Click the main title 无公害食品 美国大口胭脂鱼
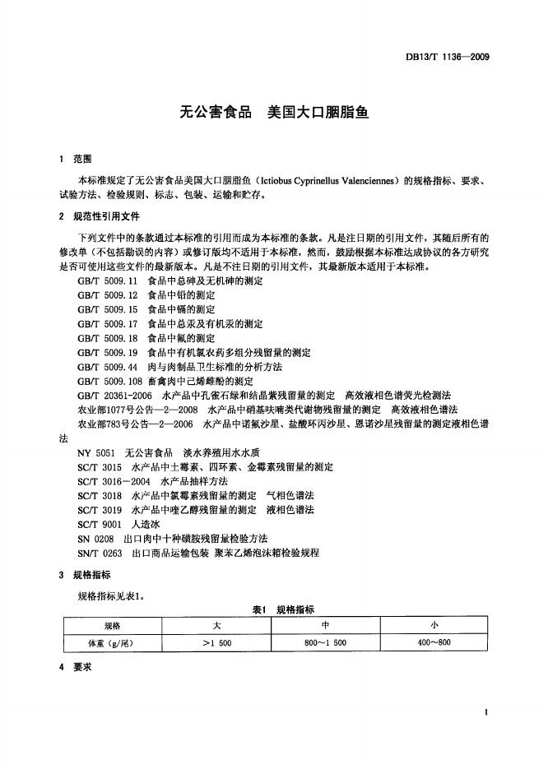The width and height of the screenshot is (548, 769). (x=274, y=112)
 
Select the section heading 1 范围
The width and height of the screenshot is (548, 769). (x=76, y=158)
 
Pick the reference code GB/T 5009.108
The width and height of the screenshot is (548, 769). (x=109, y=381)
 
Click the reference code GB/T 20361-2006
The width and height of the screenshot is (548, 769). (x=114, y=395)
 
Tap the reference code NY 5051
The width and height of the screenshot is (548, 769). (x=95, y=452)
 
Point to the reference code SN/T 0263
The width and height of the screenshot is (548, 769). (x=100, y=552)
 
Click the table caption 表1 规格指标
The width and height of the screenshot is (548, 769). (x=283, y=609)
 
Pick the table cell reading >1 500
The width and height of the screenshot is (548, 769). (x=216, y=642)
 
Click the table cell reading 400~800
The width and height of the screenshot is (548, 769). (x=434, y=642)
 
